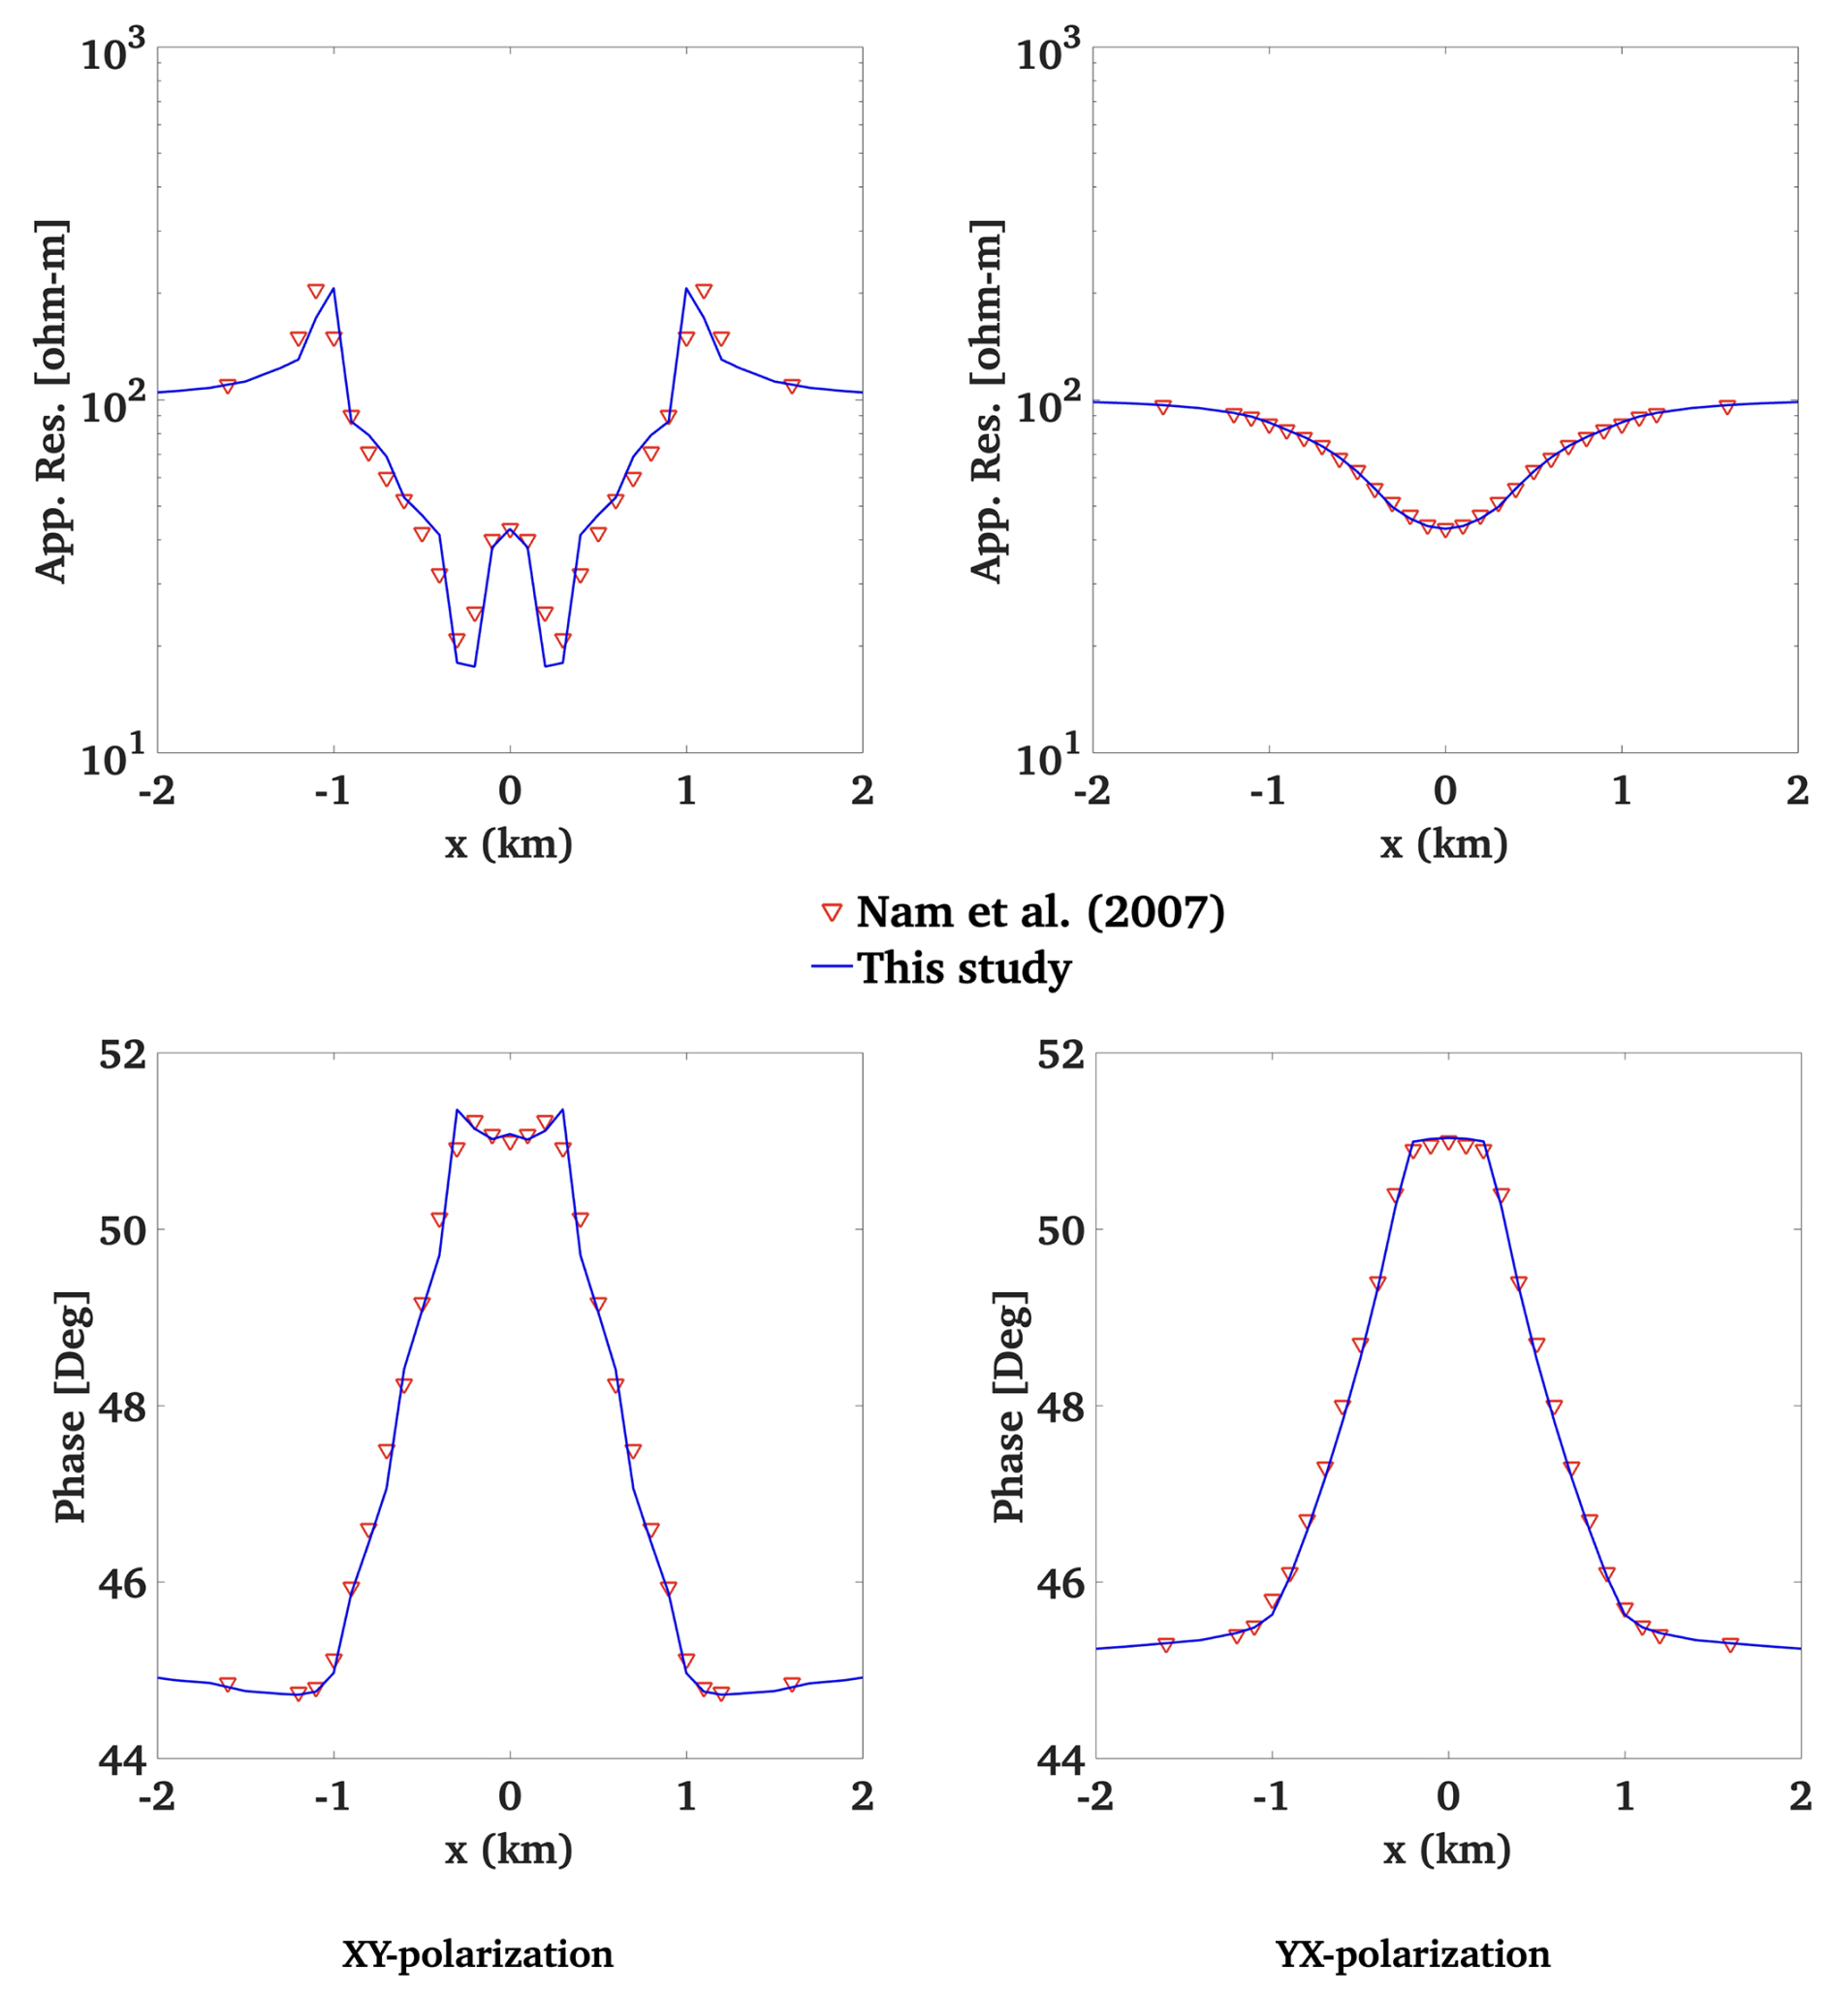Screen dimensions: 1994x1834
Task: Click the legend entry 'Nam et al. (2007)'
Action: [1040, 912]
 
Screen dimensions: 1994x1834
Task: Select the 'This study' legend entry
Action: [964, 967]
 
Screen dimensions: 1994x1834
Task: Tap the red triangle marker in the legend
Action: [833, 912]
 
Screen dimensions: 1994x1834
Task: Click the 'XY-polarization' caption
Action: [477, 1953]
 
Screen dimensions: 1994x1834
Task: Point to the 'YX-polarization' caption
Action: [1412, 1953]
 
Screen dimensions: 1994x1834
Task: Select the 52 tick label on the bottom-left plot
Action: [122, 1054]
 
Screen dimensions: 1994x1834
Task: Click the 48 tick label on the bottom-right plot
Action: [1060, 1407]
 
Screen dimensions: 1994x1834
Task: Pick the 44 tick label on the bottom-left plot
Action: [122, 1759]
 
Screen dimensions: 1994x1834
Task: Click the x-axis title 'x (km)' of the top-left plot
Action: [509, 844]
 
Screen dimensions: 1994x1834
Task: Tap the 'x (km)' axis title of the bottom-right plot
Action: [1447, 1851]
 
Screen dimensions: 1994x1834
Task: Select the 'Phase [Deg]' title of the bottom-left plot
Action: [71, 1407]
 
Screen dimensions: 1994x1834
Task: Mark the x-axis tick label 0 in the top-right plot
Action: [1445, 791]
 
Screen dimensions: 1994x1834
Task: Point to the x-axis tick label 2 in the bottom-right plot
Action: [1800, 1796]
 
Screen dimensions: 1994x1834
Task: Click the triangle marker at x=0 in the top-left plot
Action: [510, 530]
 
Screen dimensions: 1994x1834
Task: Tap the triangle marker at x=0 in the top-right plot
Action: [1445, 530]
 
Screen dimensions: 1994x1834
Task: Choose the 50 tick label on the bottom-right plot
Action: [1060, 1231]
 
